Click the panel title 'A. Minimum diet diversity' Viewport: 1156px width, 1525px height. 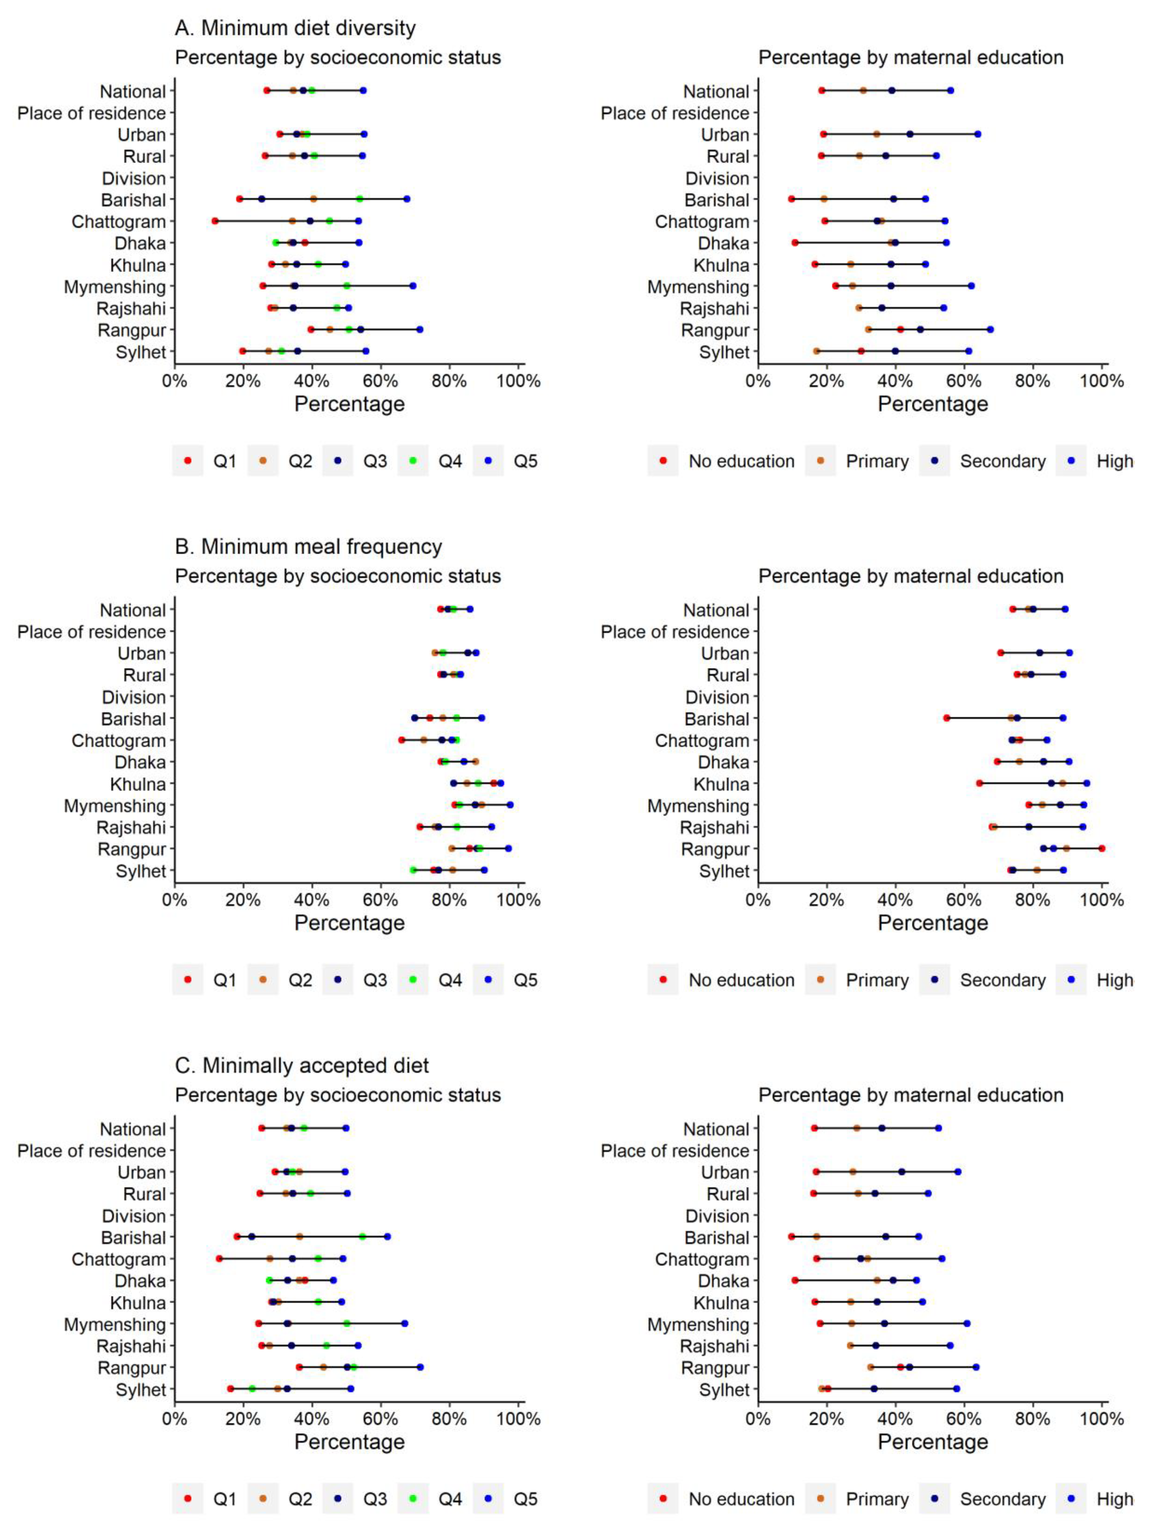click(295, 28)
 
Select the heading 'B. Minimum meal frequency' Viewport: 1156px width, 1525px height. click(308, 547)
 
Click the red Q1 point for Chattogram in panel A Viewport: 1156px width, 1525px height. click(215, 221)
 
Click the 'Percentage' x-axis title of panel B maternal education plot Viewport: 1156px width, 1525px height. click(933, 923)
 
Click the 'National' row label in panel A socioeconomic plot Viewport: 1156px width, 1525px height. click(133, 92)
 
